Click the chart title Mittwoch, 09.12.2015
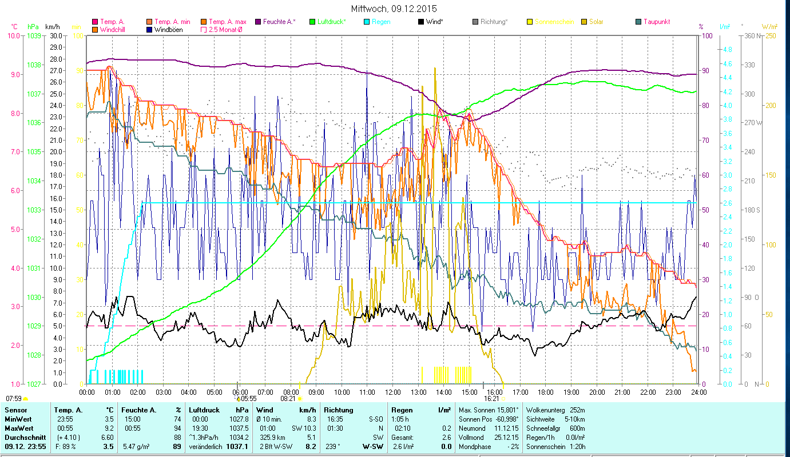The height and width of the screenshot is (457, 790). click(x=394, y=9)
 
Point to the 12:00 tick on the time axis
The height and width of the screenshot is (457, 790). click(x=393, y=392)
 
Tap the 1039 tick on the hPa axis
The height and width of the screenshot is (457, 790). click(x=34, y=35)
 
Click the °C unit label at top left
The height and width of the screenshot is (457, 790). click(x=14, y=27)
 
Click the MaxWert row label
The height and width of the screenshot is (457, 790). click(x=19, y=428)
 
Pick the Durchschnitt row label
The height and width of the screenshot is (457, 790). click(x=23, y=437)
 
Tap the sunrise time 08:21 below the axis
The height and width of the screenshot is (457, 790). click(x=288, y=399)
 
